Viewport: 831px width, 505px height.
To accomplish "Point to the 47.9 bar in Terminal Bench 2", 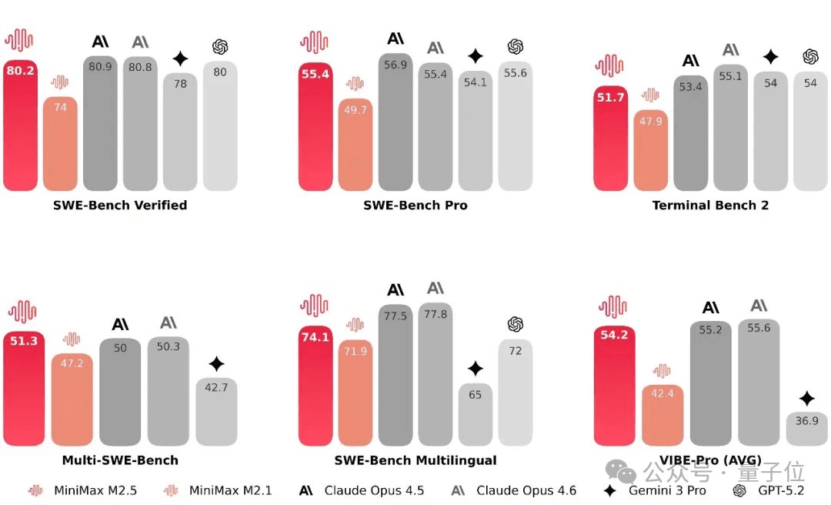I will coord(650,150).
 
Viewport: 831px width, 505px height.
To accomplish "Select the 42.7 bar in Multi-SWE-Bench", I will coord(216,412).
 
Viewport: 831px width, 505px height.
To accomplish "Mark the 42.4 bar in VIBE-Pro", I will coord(662,415).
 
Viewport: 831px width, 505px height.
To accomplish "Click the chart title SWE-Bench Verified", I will coord(120,205).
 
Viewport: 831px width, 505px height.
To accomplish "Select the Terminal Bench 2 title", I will coord(710,205).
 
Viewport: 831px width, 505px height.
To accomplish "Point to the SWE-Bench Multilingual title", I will coord(415,460).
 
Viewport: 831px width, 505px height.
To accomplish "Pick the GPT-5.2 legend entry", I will coord(769,490).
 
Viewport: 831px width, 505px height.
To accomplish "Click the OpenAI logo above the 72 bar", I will coord(516,325).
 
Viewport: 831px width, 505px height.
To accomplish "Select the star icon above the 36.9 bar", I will coord(806,399).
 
